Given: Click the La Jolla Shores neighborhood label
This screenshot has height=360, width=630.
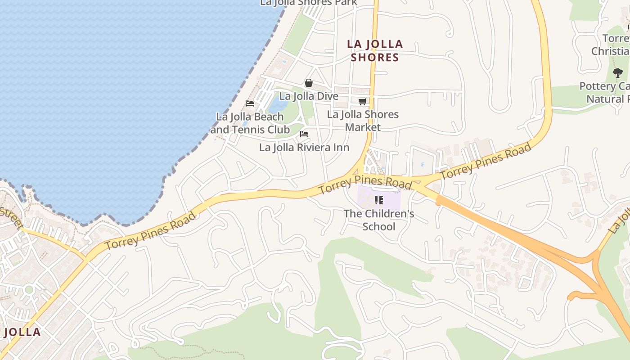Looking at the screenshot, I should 375,51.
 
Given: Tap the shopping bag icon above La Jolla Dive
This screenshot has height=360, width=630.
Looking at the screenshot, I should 309,83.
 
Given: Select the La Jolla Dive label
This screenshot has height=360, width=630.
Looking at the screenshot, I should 309,96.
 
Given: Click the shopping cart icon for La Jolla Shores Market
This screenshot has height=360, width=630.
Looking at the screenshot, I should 362,102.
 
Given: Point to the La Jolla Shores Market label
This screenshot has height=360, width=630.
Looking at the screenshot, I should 363,121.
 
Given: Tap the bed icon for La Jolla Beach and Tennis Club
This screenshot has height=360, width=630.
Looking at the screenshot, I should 250,103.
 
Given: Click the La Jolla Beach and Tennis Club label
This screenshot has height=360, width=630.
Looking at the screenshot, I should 250,123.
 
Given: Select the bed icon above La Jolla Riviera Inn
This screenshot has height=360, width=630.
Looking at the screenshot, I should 304,134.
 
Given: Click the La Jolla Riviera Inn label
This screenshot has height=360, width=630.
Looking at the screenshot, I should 304,148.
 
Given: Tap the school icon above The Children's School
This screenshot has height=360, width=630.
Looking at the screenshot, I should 379,200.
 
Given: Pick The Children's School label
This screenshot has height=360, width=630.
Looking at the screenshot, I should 379,220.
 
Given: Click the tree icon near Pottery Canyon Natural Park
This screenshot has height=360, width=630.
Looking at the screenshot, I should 618,72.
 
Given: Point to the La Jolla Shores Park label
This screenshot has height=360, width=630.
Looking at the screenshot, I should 309,3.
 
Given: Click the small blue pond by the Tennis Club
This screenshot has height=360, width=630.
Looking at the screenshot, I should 278,105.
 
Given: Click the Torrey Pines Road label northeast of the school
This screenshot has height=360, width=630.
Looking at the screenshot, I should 486,162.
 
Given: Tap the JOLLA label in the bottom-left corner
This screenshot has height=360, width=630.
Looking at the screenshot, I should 22,333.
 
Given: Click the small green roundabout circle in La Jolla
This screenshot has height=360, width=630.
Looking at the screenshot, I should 29,289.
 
